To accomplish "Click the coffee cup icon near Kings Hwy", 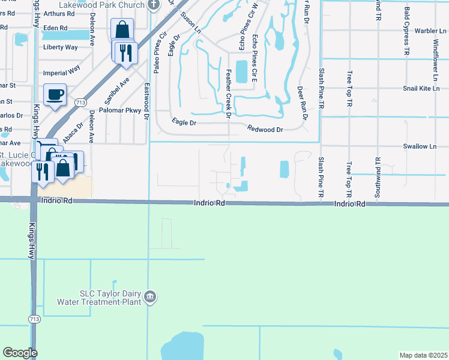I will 55,95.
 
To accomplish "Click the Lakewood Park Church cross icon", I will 154,5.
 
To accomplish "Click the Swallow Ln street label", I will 420,146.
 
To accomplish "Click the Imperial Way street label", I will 62,70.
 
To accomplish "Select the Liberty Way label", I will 60,47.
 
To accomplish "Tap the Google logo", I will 20,353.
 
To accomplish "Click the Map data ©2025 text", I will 423,355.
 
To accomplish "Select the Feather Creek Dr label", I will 229,93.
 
